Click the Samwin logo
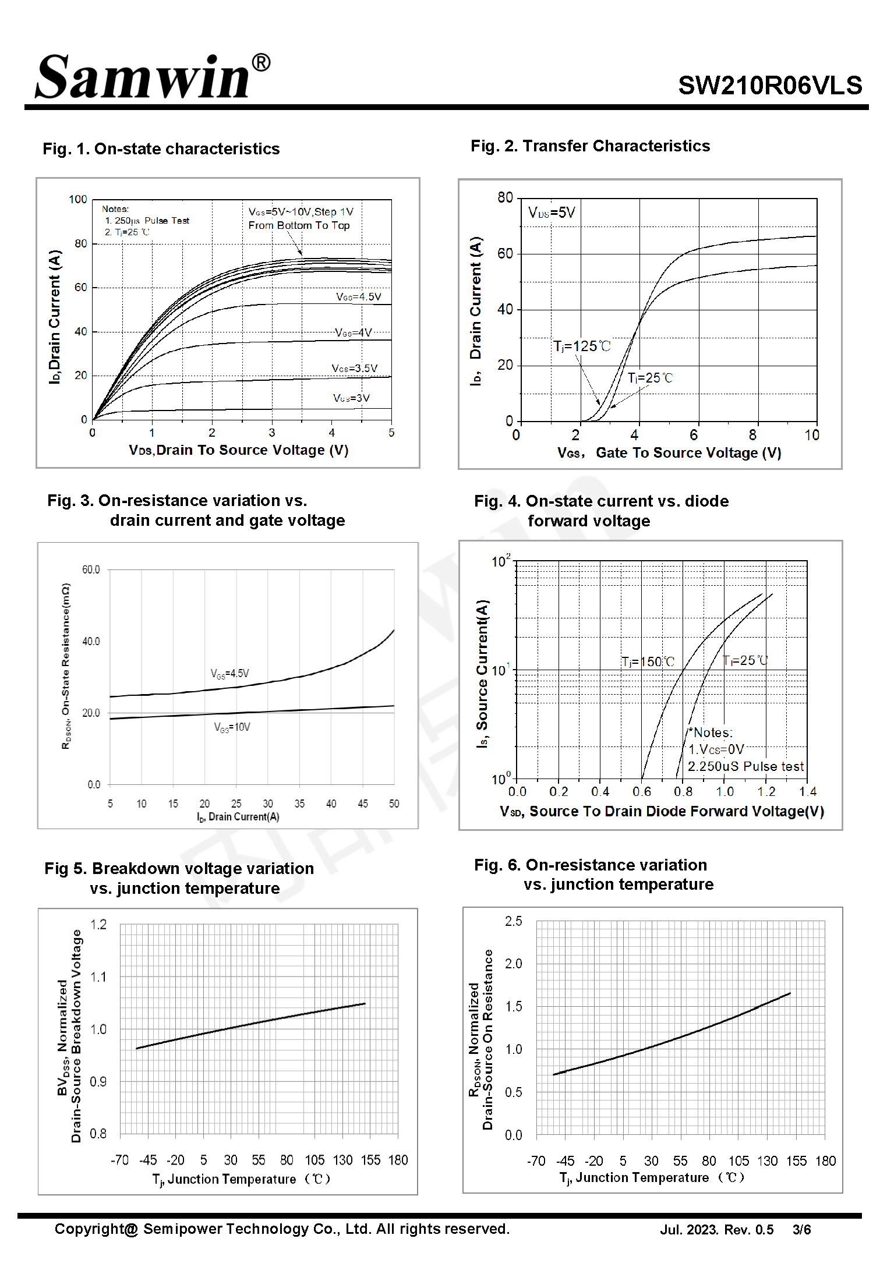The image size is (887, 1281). pyautogui.click(x=153, y=76)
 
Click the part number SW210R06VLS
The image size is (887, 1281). pyautogui.click(x=770, y=86)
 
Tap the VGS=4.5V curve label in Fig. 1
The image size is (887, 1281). pyautogui.click(x=359, y=297)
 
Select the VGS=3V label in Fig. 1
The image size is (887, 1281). pyautogui.click(x=351, y=398)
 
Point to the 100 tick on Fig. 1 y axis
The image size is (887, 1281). pyautogui.click(x=78, y=200)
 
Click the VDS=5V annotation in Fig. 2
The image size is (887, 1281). pyautogui.click(x=552, y=213)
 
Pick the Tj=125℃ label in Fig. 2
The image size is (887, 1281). pyautogui.click(x=582, y=346)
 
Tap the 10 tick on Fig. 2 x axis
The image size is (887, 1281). pyautogui.click(x=812, y=435)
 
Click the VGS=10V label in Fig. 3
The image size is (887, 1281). pyautogui.click(x=232, y=727)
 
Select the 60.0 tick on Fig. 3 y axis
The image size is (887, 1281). pyautogui.click(x=91, y=569)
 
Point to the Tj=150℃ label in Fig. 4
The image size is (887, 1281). pyautogui.click(x=648, y=662)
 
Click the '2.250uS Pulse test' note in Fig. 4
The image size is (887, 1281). pyautogui.click(x=745, y=766)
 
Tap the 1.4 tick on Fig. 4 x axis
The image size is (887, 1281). pyautogui.click(x=808, y=792)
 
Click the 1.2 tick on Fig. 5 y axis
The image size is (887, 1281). pyautogui.click(x=98, y=925)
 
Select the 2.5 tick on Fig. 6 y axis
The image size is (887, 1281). pyautogui.click(x=514, y=921)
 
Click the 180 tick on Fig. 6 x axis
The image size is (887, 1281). pyautogui.click(x=825, y=1161)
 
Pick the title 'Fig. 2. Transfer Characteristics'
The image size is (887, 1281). pyautogui.click(x=591, y=146)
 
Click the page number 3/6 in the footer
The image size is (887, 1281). pyautogui.click(x=802, y=1230)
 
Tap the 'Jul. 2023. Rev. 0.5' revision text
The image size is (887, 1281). pyautogui.click(x=717, y=1230)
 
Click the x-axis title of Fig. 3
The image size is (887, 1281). pyautogui.click(x=238, y=817)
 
